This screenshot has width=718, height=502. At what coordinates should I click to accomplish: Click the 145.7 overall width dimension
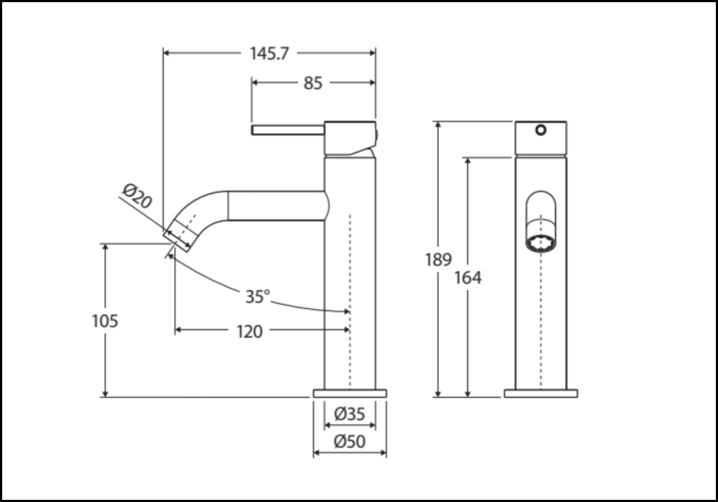pos(269,53)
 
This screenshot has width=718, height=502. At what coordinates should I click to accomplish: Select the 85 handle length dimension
pos(312,83)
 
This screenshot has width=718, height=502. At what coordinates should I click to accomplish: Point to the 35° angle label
pos(256,297)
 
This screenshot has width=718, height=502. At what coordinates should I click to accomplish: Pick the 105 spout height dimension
pos(105,320)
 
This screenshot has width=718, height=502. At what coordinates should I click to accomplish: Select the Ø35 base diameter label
pos(350,414)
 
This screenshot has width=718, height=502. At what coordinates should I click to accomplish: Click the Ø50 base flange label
pos(350,442)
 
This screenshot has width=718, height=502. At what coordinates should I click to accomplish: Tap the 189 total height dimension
pos(438,259)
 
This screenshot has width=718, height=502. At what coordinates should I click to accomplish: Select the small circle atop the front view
pos(541,130)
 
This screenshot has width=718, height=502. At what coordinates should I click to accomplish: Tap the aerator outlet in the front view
pos(541,243)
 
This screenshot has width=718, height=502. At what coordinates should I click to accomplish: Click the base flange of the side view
pos(350,394)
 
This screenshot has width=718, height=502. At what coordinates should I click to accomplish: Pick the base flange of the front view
pos(541,394)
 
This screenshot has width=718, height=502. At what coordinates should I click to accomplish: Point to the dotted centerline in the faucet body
pos(350,302)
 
